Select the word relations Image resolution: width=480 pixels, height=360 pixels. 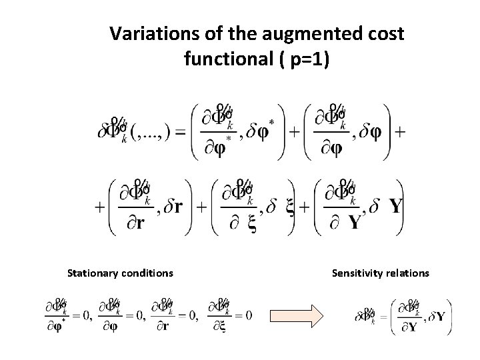(x=411, y=273)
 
